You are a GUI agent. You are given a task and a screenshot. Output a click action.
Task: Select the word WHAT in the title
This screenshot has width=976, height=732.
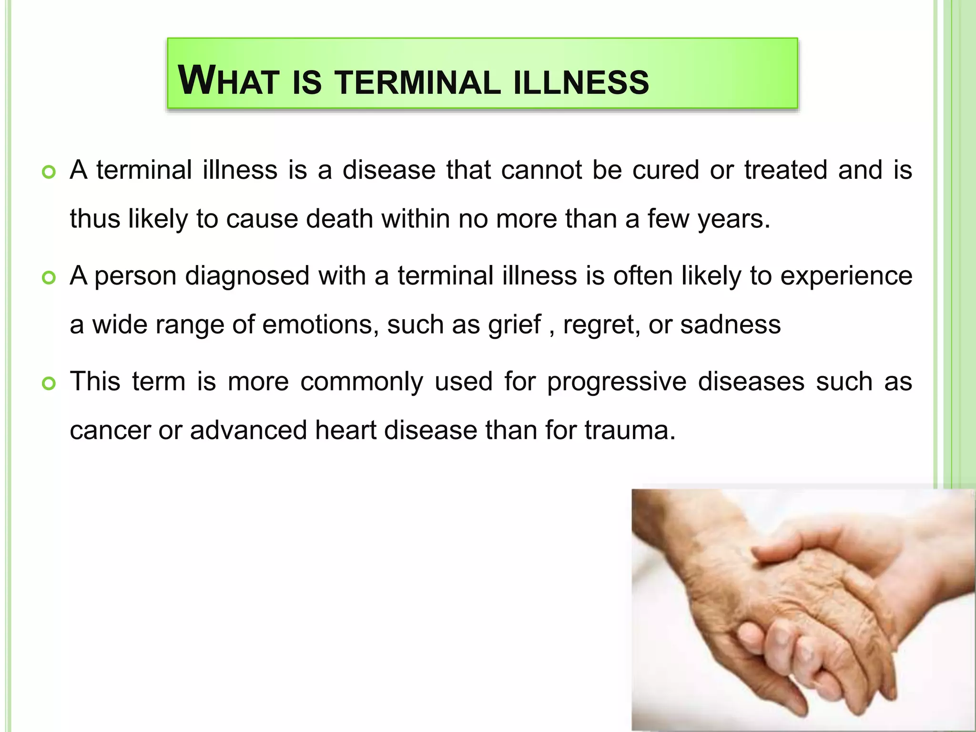point(228,81)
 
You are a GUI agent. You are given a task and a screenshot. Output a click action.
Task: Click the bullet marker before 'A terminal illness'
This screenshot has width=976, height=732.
point(49,172)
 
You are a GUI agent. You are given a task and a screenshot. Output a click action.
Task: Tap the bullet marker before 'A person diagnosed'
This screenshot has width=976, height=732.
point(49,277)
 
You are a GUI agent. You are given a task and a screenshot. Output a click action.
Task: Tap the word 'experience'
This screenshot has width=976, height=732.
point(846,276)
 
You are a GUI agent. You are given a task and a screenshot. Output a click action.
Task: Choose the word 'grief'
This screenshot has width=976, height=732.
point(514,325)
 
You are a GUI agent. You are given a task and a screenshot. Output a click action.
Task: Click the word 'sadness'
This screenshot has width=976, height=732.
point(730,325)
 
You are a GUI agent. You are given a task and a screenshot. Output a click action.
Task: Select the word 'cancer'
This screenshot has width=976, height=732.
point(110,430)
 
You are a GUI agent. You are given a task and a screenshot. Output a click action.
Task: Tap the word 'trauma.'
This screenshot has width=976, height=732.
point(630,430)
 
